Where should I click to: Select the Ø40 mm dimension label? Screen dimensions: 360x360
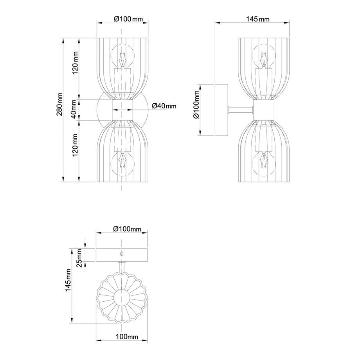[x=164, y=106]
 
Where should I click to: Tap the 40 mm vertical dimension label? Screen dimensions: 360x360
[x=74, y=109]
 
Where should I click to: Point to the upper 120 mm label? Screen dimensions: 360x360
[x=75, y=63]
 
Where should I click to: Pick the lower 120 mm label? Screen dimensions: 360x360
[x=75, y=145]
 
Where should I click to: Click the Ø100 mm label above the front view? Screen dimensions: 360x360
[x=128, y=19]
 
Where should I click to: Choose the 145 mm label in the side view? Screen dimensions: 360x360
[x=258, y=19]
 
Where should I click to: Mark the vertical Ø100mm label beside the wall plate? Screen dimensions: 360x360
[x=196, y=104]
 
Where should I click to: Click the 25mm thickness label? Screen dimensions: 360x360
[x=79, y=258]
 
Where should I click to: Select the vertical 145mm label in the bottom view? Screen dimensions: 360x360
[x=68, y=280]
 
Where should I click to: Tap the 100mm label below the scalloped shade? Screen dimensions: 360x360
[x=127, y=337]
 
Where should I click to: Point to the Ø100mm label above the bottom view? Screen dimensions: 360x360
[x=127, y=229]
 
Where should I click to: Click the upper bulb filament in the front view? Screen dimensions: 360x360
[x=122, y=59]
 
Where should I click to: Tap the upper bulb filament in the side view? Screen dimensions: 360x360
[x=263, y=59]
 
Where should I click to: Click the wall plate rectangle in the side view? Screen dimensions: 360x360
[x=221, y=110]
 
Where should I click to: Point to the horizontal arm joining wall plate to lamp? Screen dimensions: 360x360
[x=241, y=110]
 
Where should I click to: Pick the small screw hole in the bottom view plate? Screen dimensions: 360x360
[x=122, y=254]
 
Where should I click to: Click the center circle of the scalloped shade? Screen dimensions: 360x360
[x=122, y=297]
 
